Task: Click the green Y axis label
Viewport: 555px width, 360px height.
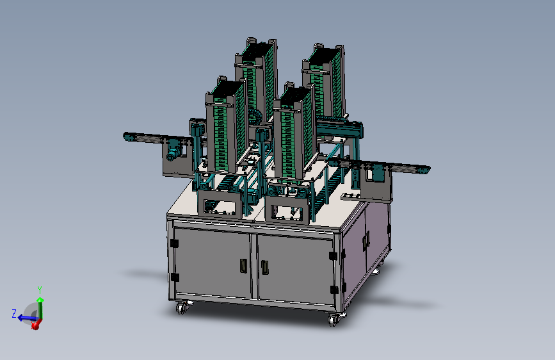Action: (x=40, y=290)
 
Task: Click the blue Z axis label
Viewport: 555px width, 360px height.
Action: (x=14, y=314)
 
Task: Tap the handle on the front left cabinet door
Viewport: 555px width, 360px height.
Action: (x=243, y=266)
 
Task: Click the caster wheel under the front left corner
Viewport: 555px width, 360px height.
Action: (x=182, y=307)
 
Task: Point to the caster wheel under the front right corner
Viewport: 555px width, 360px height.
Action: (x=334, y=319)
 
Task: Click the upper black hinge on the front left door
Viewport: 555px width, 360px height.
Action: (x=174, y=243)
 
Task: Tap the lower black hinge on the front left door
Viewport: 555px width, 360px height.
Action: (x=175, y=277)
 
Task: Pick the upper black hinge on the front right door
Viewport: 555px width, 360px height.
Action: (x=334, y=256)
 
